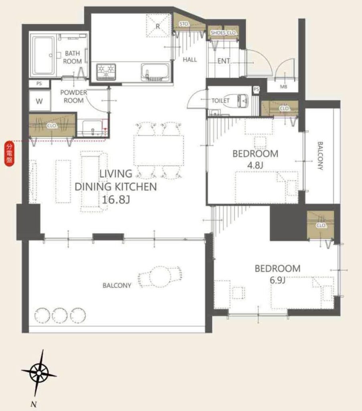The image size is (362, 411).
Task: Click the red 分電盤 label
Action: tap(10, 153)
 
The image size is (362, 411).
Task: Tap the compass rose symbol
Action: tap(39, 373)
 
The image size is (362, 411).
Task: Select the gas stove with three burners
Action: tap(106, 71)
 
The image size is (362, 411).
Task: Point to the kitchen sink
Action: tap(155, 72)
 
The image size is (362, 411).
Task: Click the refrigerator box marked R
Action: tap(158, 26)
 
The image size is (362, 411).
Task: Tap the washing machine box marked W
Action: tap(39, 101)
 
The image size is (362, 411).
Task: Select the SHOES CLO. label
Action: tap(223, 33)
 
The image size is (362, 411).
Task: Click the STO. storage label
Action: tap(184, 24)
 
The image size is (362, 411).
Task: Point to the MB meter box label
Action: tap(283, 87)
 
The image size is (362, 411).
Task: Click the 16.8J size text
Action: tap(116, 200)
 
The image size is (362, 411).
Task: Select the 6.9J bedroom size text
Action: tap(277, 280)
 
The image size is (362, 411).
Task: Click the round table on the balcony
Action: tap(160, 277)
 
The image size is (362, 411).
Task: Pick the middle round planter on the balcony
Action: tap(60, 315)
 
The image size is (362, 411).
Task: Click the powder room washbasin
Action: tap(92, 128)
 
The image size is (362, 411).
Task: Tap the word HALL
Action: tap(190, 59)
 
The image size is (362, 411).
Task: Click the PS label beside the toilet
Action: tap(256, 90)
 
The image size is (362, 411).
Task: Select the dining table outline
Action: tap(159, 150)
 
